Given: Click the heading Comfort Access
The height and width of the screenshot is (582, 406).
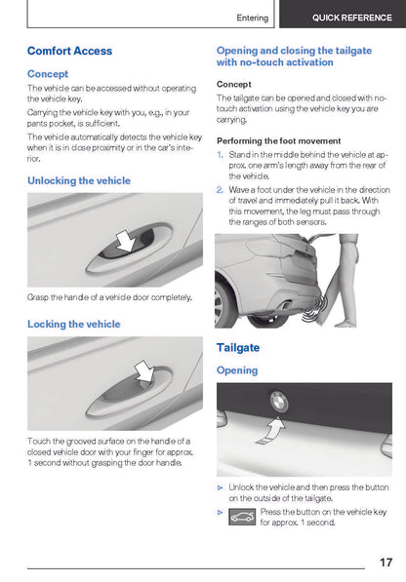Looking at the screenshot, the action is click(69, 51).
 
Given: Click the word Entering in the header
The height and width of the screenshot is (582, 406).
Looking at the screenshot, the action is click(253, 18).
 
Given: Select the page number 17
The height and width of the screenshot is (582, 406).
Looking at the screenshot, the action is click(386, 562).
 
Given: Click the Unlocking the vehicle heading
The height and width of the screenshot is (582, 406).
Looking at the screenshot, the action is click(79, 180).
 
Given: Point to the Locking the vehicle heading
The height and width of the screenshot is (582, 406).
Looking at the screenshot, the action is click(74, 324).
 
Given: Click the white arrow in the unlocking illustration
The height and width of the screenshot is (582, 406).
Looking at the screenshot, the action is click(126, 240).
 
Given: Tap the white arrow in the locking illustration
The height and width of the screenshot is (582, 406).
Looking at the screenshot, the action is click(144, 370).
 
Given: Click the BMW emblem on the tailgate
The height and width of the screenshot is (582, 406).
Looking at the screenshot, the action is click(278, 402).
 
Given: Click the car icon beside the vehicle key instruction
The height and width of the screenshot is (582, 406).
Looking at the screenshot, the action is click(242, 517).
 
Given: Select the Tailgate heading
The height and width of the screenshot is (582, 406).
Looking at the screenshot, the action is click(238, 348).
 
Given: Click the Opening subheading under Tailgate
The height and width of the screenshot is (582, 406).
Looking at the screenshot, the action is click(237, 370).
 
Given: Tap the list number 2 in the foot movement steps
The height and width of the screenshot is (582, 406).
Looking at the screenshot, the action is click(220, 190).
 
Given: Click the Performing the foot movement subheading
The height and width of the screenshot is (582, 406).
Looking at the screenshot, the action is click(278, 141).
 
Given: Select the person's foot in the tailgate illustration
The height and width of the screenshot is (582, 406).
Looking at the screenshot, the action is click(345, 324).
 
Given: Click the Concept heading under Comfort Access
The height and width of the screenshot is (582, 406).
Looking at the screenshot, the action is click(48, 74).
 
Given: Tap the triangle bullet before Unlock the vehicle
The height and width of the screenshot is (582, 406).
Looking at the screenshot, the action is click(220, 487).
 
